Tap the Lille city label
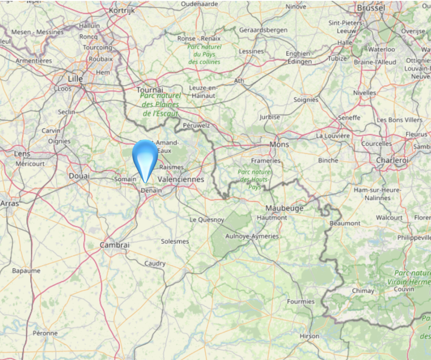click(x=75, y=79)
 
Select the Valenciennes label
click(x=180, y=179)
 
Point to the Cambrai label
click(x=115, y=245)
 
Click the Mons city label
click(x=279, y=144)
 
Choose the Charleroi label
click(x=392, y=161)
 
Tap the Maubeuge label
click(x=284, y=208)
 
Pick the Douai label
click(x=79, y=176)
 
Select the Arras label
click(x=9, y=204)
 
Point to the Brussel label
click(x=371, y=8)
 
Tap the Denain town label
click(x=151, y=191)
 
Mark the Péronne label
click(x=45, y=333)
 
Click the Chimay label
click(x=363, y=291)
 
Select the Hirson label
click(x=310, y=336)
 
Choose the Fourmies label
click(x=301, y=301)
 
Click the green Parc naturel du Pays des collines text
click(x=204, y=54)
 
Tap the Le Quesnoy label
click(x=207, y=219)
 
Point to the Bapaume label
click(x=26, y=271)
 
